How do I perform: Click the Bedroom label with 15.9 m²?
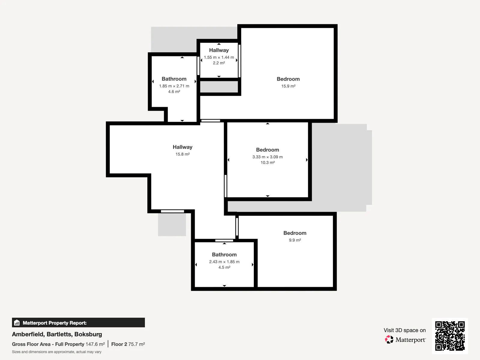(288, 79)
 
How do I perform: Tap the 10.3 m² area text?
(267, 162)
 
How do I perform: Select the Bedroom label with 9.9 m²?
(295, 233)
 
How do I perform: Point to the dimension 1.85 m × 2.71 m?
(174, 86)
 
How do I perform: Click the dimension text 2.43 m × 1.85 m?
(224, 262)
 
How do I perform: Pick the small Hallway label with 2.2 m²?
(219, 50)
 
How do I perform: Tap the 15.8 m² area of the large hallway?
(182, 154)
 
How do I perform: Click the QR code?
(450, 336)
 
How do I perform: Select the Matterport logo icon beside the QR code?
(389, 340)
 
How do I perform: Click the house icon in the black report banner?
(17, 322)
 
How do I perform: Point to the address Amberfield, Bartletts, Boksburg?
(57, 334)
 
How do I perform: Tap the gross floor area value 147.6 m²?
(95, 344)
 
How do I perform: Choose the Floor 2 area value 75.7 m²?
(136, 344)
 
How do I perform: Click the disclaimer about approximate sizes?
(57, 352)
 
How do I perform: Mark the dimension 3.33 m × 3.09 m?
(267, 157)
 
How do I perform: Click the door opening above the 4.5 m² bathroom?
(224, 240)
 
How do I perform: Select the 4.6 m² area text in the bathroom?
(174, 91)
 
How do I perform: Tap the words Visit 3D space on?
(405, 330)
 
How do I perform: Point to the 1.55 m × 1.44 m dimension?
(219, 57)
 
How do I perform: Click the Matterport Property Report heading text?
(55, 323)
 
